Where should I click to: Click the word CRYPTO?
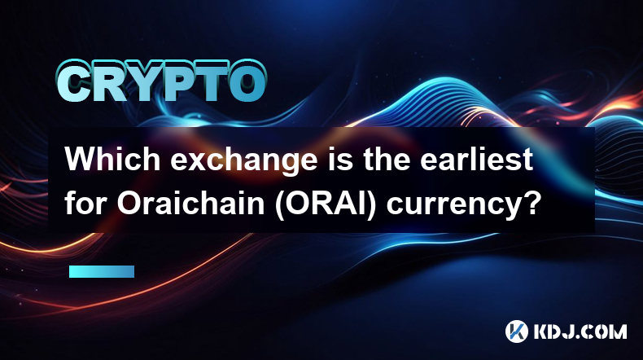tap(162, 81)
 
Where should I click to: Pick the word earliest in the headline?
tap(476, 160)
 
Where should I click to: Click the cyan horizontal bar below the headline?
tap(102, 271)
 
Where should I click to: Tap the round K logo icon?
tap(516, 331)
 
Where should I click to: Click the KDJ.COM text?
tap(580, 331)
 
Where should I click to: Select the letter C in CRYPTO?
tap(73, 82)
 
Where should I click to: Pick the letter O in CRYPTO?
tap(246, 82)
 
